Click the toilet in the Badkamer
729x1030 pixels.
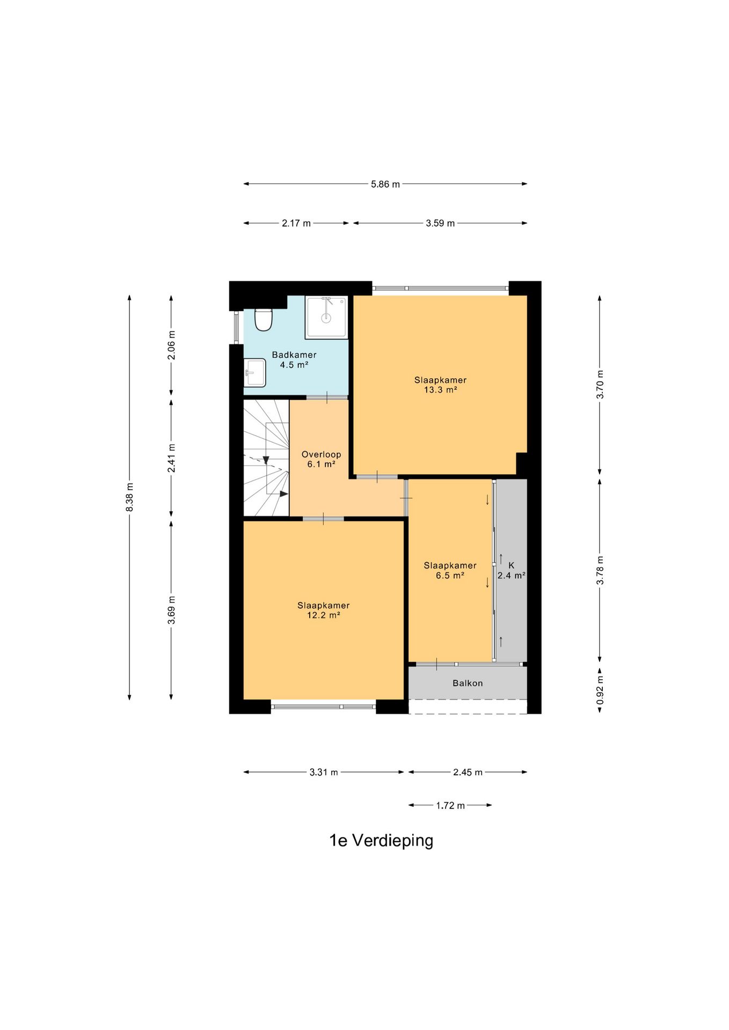coord(263,320)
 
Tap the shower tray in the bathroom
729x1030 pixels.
coord(326,318)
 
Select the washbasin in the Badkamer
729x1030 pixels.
coord(255,372)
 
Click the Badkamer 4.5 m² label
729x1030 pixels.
coord(294,360)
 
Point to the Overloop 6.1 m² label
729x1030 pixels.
coord(321,459)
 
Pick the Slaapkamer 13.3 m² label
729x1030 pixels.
coord(440,385)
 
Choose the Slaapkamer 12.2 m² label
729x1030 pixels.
coord(324,610)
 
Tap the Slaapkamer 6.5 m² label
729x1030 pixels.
coord(450,570)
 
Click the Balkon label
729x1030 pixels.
coord(468,683)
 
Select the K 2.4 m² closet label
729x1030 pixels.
coord(511,570)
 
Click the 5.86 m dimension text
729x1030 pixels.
coord(385,185)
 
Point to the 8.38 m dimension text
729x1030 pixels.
coord(129,497)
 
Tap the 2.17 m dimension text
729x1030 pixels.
coord(296,223)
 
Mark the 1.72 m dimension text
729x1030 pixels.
coord(450,806)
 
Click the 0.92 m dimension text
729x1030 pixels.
coord(600,690)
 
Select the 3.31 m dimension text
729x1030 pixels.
coord(324,772)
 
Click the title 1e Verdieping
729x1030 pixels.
coord(381,841)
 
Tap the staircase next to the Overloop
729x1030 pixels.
coord(266,458)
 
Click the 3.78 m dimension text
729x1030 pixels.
coord(600,570)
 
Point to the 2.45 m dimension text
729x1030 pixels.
coord(468,772)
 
